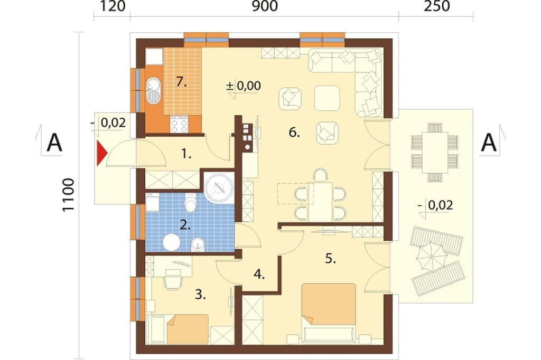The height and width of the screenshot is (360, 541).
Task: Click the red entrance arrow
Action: tap(102, 153)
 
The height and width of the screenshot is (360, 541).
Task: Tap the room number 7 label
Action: tap(181, 82)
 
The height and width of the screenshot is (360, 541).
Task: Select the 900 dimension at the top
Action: tap(265, 6)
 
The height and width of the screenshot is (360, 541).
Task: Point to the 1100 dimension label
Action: tap(69, 195)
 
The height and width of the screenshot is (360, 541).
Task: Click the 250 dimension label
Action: tap(436, 6)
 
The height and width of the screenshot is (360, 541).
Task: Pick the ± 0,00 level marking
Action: tap(244, 86)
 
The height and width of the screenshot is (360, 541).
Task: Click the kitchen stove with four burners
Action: tap(179, 125)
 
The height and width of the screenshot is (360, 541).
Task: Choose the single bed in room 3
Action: tap(188, 329)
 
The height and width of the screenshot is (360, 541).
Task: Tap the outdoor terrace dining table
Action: tap(435, 152)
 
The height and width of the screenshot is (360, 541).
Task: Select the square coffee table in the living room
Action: tap(327, 98)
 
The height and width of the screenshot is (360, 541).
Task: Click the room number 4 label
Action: tap(259, 274)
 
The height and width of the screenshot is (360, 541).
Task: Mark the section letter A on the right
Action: tap(489, 143)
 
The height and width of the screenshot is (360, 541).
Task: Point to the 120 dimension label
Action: tap(113, 6)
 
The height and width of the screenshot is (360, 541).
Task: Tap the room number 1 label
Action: tap(186, 154)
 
